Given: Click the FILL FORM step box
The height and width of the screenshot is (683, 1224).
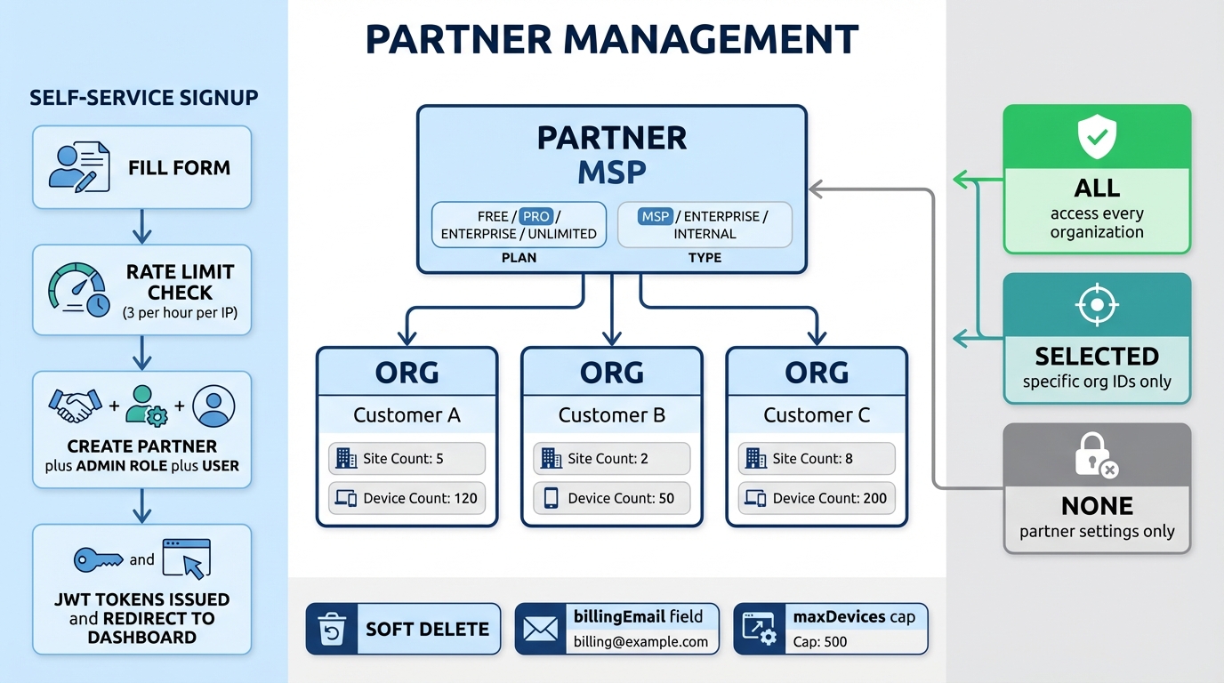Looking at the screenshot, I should (x=142, y=167).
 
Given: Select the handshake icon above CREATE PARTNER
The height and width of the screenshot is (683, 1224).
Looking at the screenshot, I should (x=74, y=406).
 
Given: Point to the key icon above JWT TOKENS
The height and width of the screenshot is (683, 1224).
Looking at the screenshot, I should (x=98, y=558).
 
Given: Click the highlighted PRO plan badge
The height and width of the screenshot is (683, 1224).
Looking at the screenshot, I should (x=536, y=216).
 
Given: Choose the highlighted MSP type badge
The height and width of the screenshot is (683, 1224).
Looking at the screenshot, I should (x=656, y=216).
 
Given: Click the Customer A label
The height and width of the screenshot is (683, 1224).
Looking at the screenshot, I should (x=407, y=415).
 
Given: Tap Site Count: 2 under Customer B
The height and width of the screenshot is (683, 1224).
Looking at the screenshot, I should (x=611, y=459).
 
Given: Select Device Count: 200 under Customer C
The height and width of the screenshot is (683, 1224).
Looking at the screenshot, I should (x=817, y=498).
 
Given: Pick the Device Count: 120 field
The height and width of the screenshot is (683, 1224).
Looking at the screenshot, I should (x=407, y=498).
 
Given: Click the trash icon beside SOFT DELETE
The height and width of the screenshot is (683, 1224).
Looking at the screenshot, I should (x=330, y=630).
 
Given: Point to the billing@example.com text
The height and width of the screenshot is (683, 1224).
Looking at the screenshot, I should (x=640, y=642).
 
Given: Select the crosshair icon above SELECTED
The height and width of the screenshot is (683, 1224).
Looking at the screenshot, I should (x=1096, y=305).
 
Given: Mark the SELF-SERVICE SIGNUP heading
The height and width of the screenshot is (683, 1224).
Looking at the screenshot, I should (x=143, y=98).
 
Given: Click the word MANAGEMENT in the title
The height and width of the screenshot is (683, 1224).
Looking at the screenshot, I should (x=712, y=40).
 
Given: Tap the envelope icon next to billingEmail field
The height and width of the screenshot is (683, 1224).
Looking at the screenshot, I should (x=540, y=630).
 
